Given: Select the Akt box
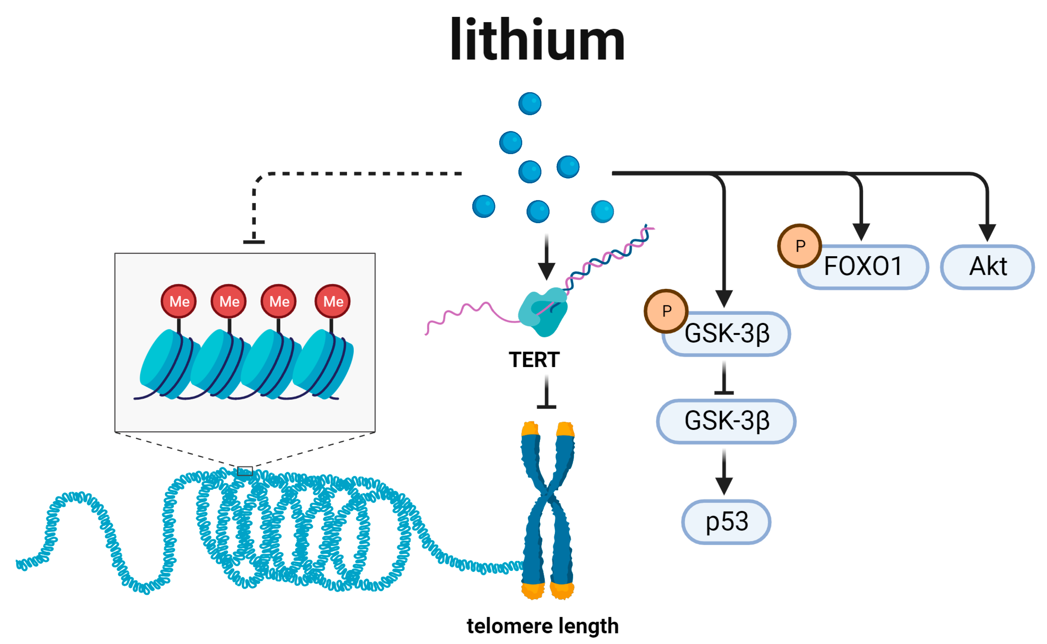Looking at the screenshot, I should tap(987, 267).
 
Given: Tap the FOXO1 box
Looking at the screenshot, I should tap(863, 267).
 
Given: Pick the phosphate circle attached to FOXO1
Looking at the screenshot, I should tap(799, 246).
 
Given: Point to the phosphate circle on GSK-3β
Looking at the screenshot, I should tap(666, 311).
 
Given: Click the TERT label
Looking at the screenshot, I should tap(534, 360).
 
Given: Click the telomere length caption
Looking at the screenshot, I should tap(542, 626).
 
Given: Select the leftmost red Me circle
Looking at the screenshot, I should tap(179, 301).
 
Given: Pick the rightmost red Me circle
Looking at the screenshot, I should tap(332, 301).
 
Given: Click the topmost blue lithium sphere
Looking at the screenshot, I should tap(530, 103).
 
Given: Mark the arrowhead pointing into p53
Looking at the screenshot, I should tap(724, 485).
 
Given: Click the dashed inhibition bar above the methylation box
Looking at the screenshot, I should tap(254, 242).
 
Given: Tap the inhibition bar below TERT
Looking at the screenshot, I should tap(546, 407).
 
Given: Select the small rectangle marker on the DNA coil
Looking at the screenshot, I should tap(245, 471).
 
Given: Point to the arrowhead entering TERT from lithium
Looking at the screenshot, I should tap(546, 271).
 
